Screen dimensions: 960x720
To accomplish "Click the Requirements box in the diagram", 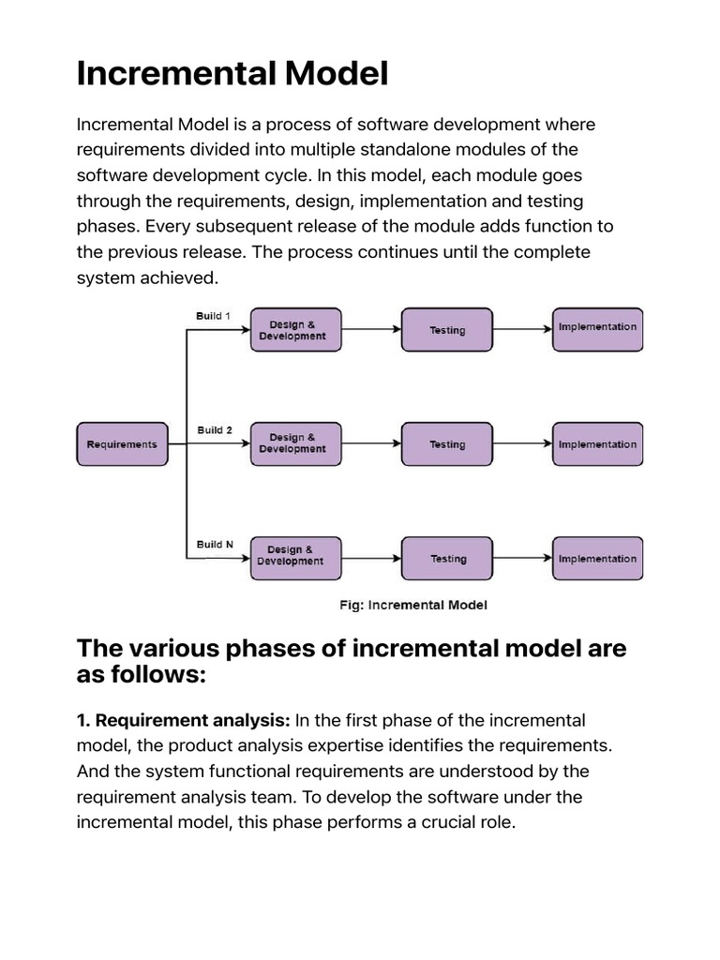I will click(122, 444).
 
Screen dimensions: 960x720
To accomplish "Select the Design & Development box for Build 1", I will click(292, 330).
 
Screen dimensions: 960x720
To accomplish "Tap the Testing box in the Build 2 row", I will click(447, 444).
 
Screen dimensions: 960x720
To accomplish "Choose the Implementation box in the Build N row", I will click(597, 559).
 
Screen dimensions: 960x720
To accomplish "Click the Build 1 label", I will click(213, 316).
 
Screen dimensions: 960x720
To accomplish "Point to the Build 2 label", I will click(215, 430).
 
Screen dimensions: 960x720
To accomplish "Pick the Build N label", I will click(215, 544).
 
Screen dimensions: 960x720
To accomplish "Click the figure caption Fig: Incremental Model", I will click(413, 606).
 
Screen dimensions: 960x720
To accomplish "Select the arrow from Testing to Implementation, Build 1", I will click(522, 330).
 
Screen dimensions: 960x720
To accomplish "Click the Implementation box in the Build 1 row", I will click(597, 328).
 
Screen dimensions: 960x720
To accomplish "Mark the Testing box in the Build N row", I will click(447, 559).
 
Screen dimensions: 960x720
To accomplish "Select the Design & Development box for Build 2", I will click(292, 443).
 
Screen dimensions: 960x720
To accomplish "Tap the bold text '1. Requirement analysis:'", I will click(184, 721).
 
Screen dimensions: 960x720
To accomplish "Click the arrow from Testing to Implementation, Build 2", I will click(522, 444).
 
